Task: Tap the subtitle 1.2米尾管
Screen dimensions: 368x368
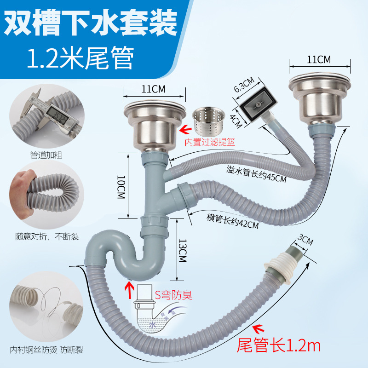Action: click(81, 57)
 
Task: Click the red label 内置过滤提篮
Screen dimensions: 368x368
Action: click(210, 143)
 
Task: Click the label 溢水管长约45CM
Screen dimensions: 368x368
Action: click(256, 174)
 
